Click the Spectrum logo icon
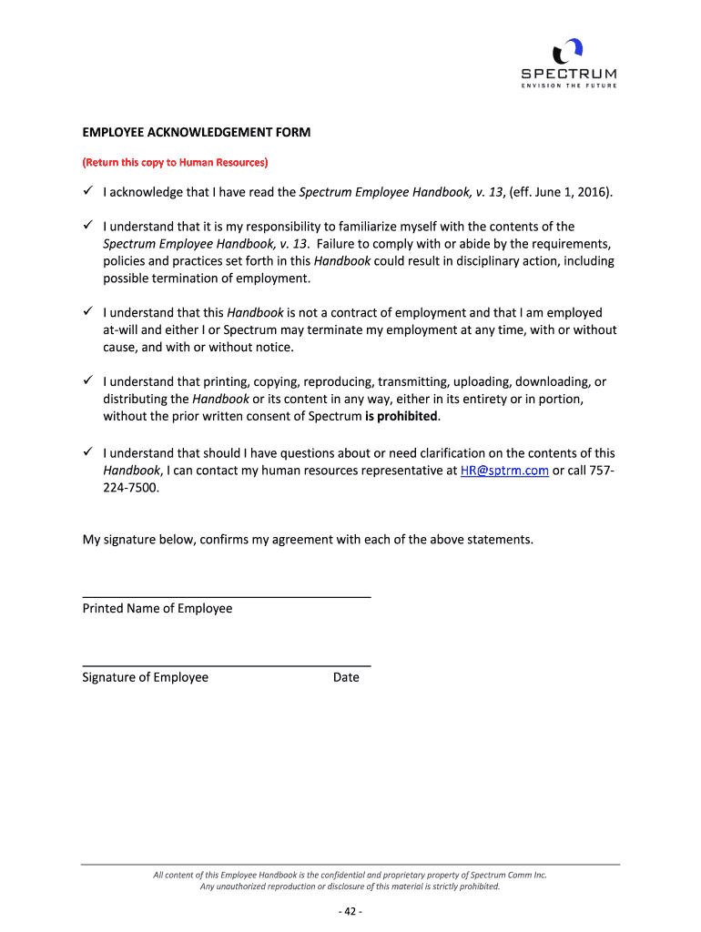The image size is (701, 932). [x=568, y=50]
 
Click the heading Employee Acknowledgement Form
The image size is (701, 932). [x=197, y=132]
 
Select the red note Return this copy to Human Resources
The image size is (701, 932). [x=175, y=162]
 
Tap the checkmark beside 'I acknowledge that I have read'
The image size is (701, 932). [x=88, y=192]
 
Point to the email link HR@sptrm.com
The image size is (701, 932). [x=500, y=471]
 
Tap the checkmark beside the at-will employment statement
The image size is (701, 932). [x=88, y=312]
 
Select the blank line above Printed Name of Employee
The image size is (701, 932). [x=227, y=596]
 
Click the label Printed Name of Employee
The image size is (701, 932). [x=157, y=608]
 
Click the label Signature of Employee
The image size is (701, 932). [x=146, y=677]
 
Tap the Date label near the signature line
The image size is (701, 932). [x=346, y=677]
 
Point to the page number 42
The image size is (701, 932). [x=350, y=912]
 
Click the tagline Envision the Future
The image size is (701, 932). [x=568, y=86]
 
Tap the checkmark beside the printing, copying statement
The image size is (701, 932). [x=88, y=381]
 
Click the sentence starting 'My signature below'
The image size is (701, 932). [x=308, y=540]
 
